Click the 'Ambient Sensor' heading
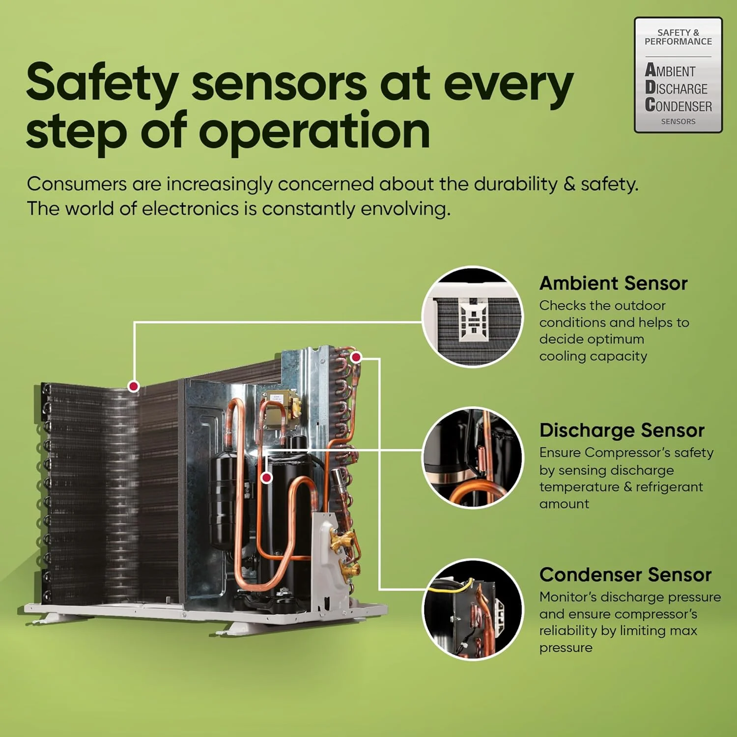(613, 283)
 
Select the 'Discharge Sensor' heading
(622, 430)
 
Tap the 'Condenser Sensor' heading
(625, 574)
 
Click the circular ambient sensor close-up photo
(473, 317)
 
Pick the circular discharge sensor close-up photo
(473, 458)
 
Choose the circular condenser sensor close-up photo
(473, 610)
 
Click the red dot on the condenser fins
(133, 386)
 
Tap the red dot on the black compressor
(266, 477)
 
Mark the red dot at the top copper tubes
(356, 357)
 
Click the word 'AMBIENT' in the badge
(670, 70)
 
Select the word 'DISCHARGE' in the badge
(676, 88)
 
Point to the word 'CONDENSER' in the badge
(679, 105)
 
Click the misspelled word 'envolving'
(405, 209)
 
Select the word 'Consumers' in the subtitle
(77, 184)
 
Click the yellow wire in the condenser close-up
(450, 587)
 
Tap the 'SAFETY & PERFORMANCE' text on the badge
(678, 37)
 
